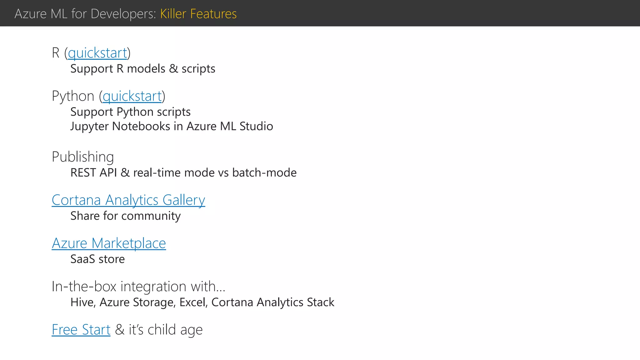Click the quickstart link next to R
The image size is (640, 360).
pos(97,53)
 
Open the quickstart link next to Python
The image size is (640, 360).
pos(132,96)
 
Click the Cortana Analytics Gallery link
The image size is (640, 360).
pos(128,200)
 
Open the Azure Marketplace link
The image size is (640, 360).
pos(109,243)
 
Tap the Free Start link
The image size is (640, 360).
pos(81,330)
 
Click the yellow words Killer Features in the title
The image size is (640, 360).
pos(198,14)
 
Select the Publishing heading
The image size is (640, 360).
pos(83,157)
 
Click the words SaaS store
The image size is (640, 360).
pos(97,259)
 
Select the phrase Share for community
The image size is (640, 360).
pos(125,216)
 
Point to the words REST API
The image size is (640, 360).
pos(93,173)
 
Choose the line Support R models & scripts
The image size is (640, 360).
pos(142,69)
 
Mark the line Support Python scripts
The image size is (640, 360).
pos(130,112)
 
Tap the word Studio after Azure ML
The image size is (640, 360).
pos(256,126)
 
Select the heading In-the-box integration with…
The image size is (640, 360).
pos(138,287)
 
